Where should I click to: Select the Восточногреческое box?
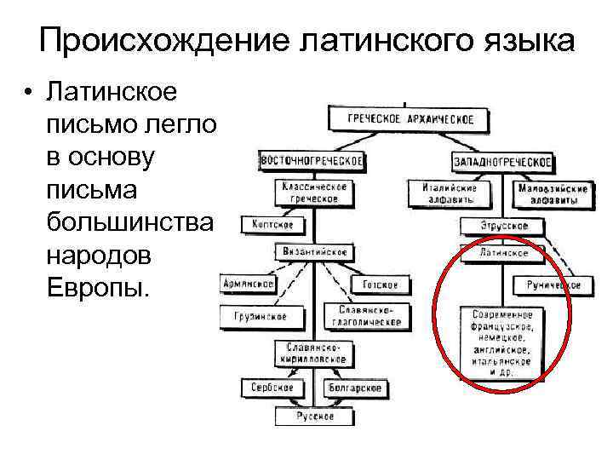coord(312,160)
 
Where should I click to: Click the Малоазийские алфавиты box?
coord(551,193)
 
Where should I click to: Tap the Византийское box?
coord(312,252)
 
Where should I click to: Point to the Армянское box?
coord(248,284)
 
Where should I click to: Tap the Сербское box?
coord(272,387)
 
